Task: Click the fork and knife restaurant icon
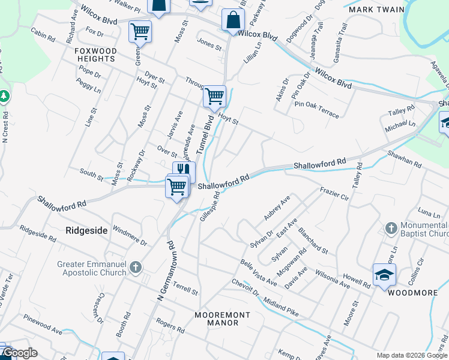pyautogui.click(x=184, y=170)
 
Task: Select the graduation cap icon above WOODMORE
pyautogui.click(x=384, y=275)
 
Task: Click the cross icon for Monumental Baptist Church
pyautogui.click(x=391, y=229)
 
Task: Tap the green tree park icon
pyautogui.click(x=4, y=96)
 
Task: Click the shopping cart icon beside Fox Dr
pyautogui.click(x=140, y=31)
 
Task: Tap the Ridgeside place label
pyautogui.click(x=86, y=230)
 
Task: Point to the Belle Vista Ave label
pyautogui.click(x=258, y=273)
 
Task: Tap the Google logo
pyautogui.click(x=20, y=353)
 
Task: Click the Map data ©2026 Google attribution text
pyautogui.click(x=411, y=355)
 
